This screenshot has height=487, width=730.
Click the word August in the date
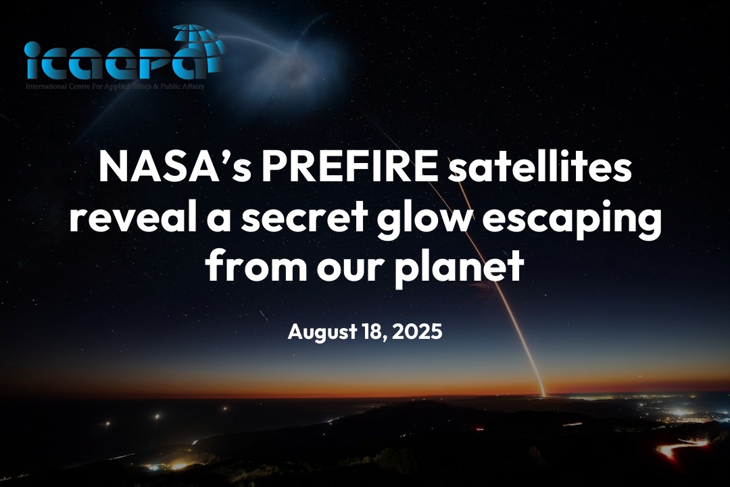[318, 333]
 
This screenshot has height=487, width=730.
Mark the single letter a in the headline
[203, 221]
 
